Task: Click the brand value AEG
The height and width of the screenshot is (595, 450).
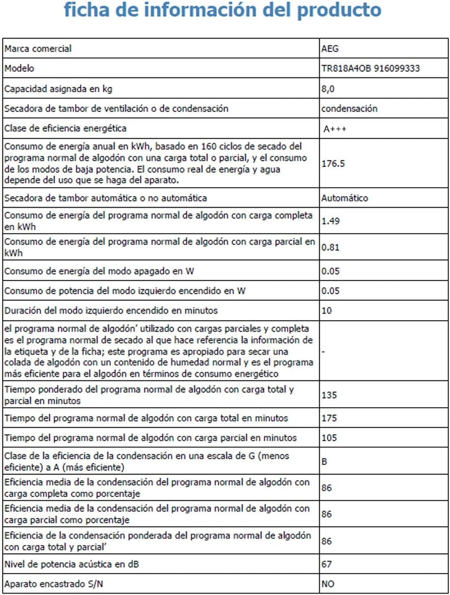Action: pyautogui.click(x=330, y=48)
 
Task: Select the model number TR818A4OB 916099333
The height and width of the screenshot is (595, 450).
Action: pyautogui.click(x=370, y=68)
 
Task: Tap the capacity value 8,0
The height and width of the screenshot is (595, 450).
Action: pyautogui.click(x=328, y=89)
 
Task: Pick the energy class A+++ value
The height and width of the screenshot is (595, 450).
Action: pyautogui.click(x=335, y=129)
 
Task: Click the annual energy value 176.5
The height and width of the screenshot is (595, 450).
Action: pyautogui.click(x=333, y=163)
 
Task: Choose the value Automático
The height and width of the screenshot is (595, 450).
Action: pyautogui.click(x=344, y=198)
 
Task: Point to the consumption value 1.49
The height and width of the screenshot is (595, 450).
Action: pyautogui.click(x=330, y=221)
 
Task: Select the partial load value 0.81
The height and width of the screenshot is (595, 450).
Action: pyautogui.click(x=330, y=247)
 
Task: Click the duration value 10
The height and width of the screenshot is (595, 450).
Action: pyautogui.click(x=326, y=311)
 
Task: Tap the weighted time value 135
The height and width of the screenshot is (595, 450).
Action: pyautogui.click(x=329, y=395)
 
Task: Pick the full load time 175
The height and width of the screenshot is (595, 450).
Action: pyautogui.click(x=329, y=418)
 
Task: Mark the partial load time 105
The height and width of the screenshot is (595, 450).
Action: pyautogui.click(x=329, y=438)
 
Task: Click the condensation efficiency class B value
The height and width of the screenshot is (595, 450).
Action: pyautogui.click(x=324, y=462)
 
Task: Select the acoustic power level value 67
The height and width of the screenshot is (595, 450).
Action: pyautogui.click(x=326, y=564)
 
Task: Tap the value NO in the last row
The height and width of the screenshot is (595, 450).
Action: pyautogui.click(x=328, y=584)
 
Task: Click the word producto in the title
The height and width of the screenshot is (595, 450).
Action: pyautogui.click(x=339, y=10)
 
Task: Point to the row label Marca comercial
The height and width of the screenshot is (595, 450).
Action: pyautogui.click(x=38, y=49)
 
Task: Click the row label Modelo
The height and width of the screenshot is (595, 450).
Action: pyautogui.click(x=19, y=68)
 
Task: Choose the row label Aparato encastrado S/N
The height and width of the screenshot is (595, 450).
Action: pyautogui.click(x=53, y=584)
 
